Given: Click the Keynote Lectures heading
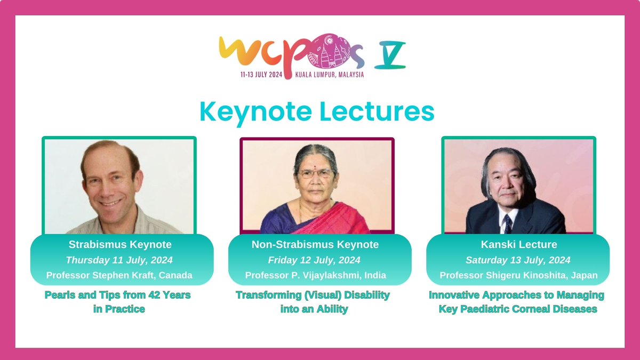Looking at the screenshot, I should tap(317, 111).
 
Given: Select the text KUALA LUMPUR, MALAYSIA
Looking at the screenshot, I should tap(330, 75).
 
